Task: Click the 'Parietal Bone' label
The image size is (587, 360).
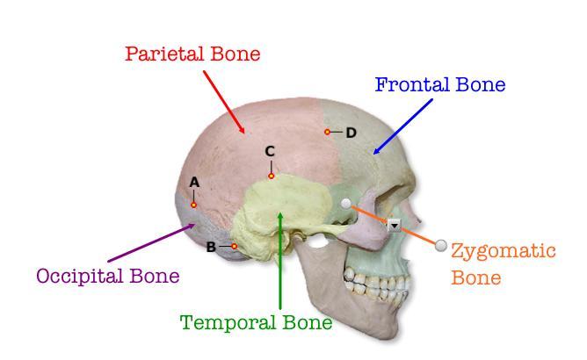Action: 192,54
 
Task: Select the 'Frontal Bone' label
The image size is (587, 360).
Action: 439,85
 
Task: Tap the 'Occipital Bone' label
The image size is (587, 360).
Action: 107,276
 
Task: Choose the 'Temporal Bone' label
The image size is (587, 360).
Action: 256,322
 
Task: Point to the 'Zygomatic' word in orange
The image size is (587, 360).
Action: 503,251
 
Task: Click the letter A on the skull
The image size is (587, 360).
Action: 194,182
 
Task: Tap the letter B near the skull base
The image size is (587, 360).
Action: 211,247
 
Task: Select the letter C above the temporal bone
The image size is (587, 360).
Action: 271,152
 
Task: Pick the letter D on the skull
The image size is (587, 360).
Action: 351,133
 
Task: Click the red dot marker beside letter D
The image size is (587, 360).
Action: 327,132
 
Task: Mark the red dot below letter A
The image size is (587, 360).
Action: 194,205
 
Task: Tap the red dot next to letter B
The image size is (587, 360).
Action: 234,247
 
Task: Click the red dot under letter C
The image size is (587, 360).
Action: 271,176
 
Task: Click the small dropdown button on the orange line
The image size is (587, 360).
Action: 394,225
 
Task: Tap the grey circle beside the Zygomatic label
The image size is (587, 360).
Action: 441,245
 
